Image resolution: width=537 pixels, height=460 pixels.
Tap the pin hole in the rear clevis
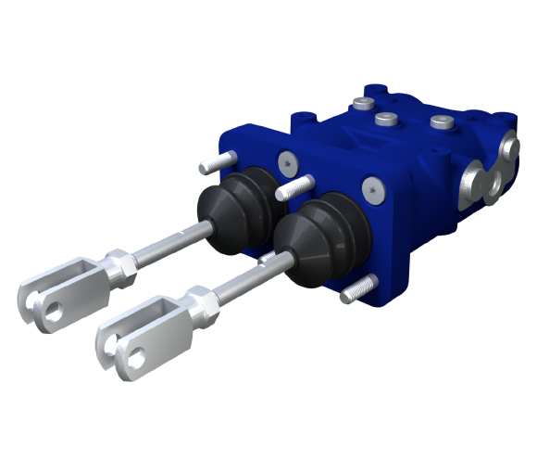tap(56, 313)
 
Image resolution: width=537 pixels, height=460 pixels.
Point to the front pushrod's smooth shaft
tap(255, 279)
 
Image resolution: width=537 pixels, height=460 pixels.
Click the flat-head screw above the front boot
tap(373, 188)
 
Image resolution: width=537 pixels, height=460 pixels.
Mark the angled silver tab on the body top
tap(348, 94)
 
